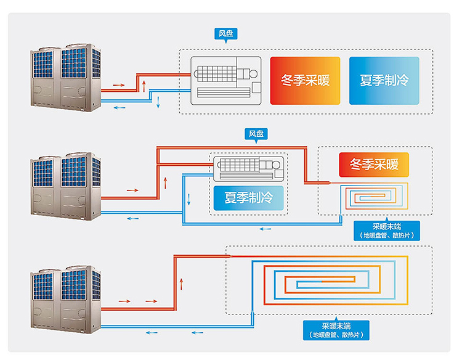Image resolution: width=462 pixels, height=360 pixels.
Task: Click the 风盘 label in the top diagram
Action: [x=227, y=34]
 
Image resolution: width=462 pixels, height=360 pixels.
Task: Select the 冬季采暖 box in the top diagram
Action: [x=305, y=81]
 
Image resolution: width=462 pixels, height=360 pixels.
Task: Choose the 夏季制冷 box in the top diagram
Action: [x=384, y=81]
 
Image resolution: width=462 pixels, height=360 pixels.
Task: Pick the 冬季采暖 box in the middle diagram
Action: [x=373, y=165]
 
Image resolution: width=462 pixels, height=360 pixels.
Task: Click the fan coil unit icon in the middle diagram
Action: [x=248, y=168]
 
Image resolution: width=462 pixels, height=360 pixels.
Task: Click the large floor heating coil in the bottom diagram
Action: [x=330, y=283]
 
